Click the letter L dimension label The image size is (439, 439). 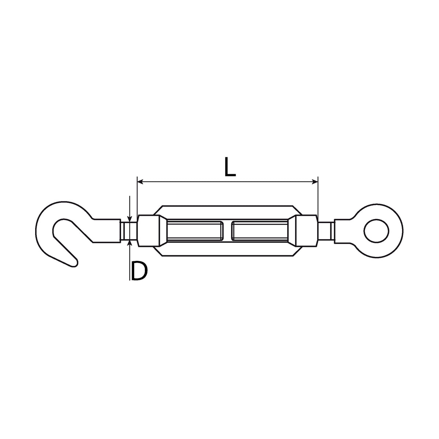[x=230, y=166]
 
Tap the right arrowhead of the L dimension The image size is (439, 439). [x=315, y=181]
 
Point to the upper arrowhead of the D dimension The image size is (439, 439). [x=130, y=219]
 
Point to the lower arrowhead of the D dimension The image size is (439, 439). [x=130, y=243]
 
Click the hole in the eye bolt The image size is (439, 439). [x=376, y=231]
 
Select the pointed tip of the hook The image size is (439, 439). [x=75, y=264]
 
